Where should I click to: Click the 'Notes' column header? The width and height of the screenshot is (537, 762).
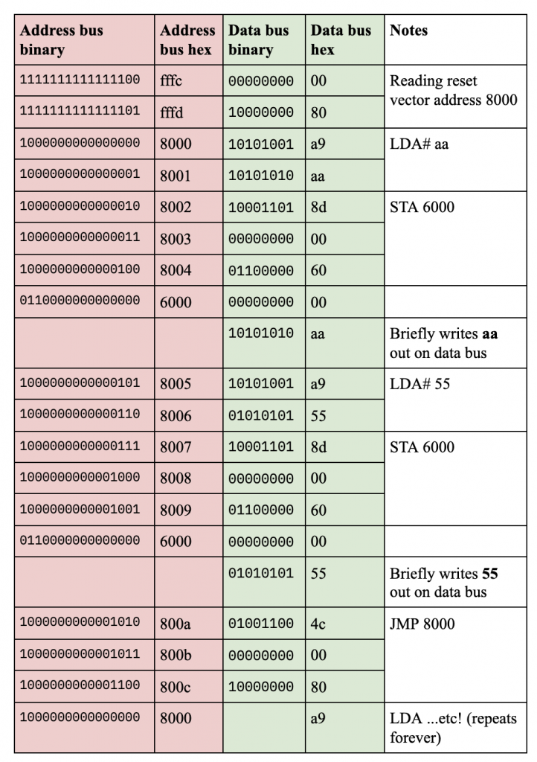408,31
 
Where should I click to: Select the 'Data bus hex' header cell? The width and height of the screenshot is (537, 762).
340,40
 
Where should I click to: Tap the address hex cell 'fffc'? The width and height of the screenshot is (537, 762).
171,81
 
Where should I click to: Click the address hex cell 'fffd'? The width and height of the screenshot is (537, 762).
171,113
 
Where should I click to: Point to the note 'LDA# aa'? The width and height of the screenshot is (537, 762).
419,144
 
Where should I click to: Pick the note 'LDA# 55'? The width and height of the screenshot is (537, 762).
419,384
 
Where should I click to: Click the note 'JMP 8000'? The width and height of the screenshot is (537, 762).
422,624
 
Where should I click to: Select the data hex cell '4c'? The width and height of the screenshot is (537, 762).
318,624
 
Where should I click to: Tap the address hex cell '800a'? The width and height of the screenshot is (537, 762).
176,624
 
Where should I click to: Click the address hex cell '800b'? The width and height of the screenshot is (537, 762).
176,656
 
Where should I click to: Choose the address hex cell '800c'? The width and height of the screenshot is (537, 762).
176,688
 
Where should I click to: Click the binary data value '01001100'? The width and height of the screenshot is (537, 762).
261,624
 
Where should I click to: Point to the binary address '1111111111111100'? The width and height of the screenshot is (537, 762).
80,80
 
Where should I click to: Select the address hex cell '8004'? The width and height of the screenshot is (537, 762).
176,270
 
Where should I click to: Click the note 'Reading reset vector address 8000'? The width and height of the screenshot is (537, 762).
453,90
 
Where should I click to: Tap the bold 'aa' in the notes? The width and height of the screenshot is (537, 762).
489,334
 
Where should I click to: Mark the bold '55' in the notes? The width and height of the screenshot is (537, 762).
489,574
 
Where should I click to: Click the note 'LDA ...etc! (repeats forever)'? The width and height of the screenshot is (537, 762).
453,728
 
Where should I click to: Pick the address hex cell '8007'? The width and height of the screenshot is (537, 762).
176,447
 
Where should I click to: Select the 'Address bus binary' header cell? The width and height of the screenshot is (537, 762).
61,40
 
